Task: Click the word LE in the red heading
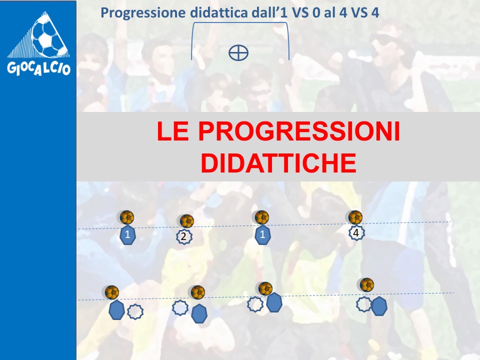tap(172, 131)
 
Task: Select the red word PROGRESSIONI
tap(299, 131)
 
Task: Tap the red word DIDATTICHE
tap(278, 163)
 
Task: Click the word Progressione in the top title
tap(143, 13)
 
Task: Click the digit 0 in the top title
tap(316, 13)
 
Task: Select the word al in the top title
tap(329, 12)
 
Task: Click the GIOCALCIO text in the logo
tap(39, 68)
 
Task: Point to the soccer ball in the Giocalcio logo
tap(49, 34)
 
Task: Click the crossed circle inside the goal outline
tap(238, 52)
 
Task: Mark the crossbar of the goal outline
tap(240, 22)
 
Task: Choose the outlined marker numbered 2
tap(184, 236)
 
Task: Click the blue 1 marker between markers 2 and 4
tap(262, 235)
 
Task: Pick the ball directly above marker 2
tap(186, 221)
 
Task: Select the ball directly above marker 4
tap(355, 217)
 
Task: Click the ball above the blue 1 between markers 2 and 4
tap(262, 217)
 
